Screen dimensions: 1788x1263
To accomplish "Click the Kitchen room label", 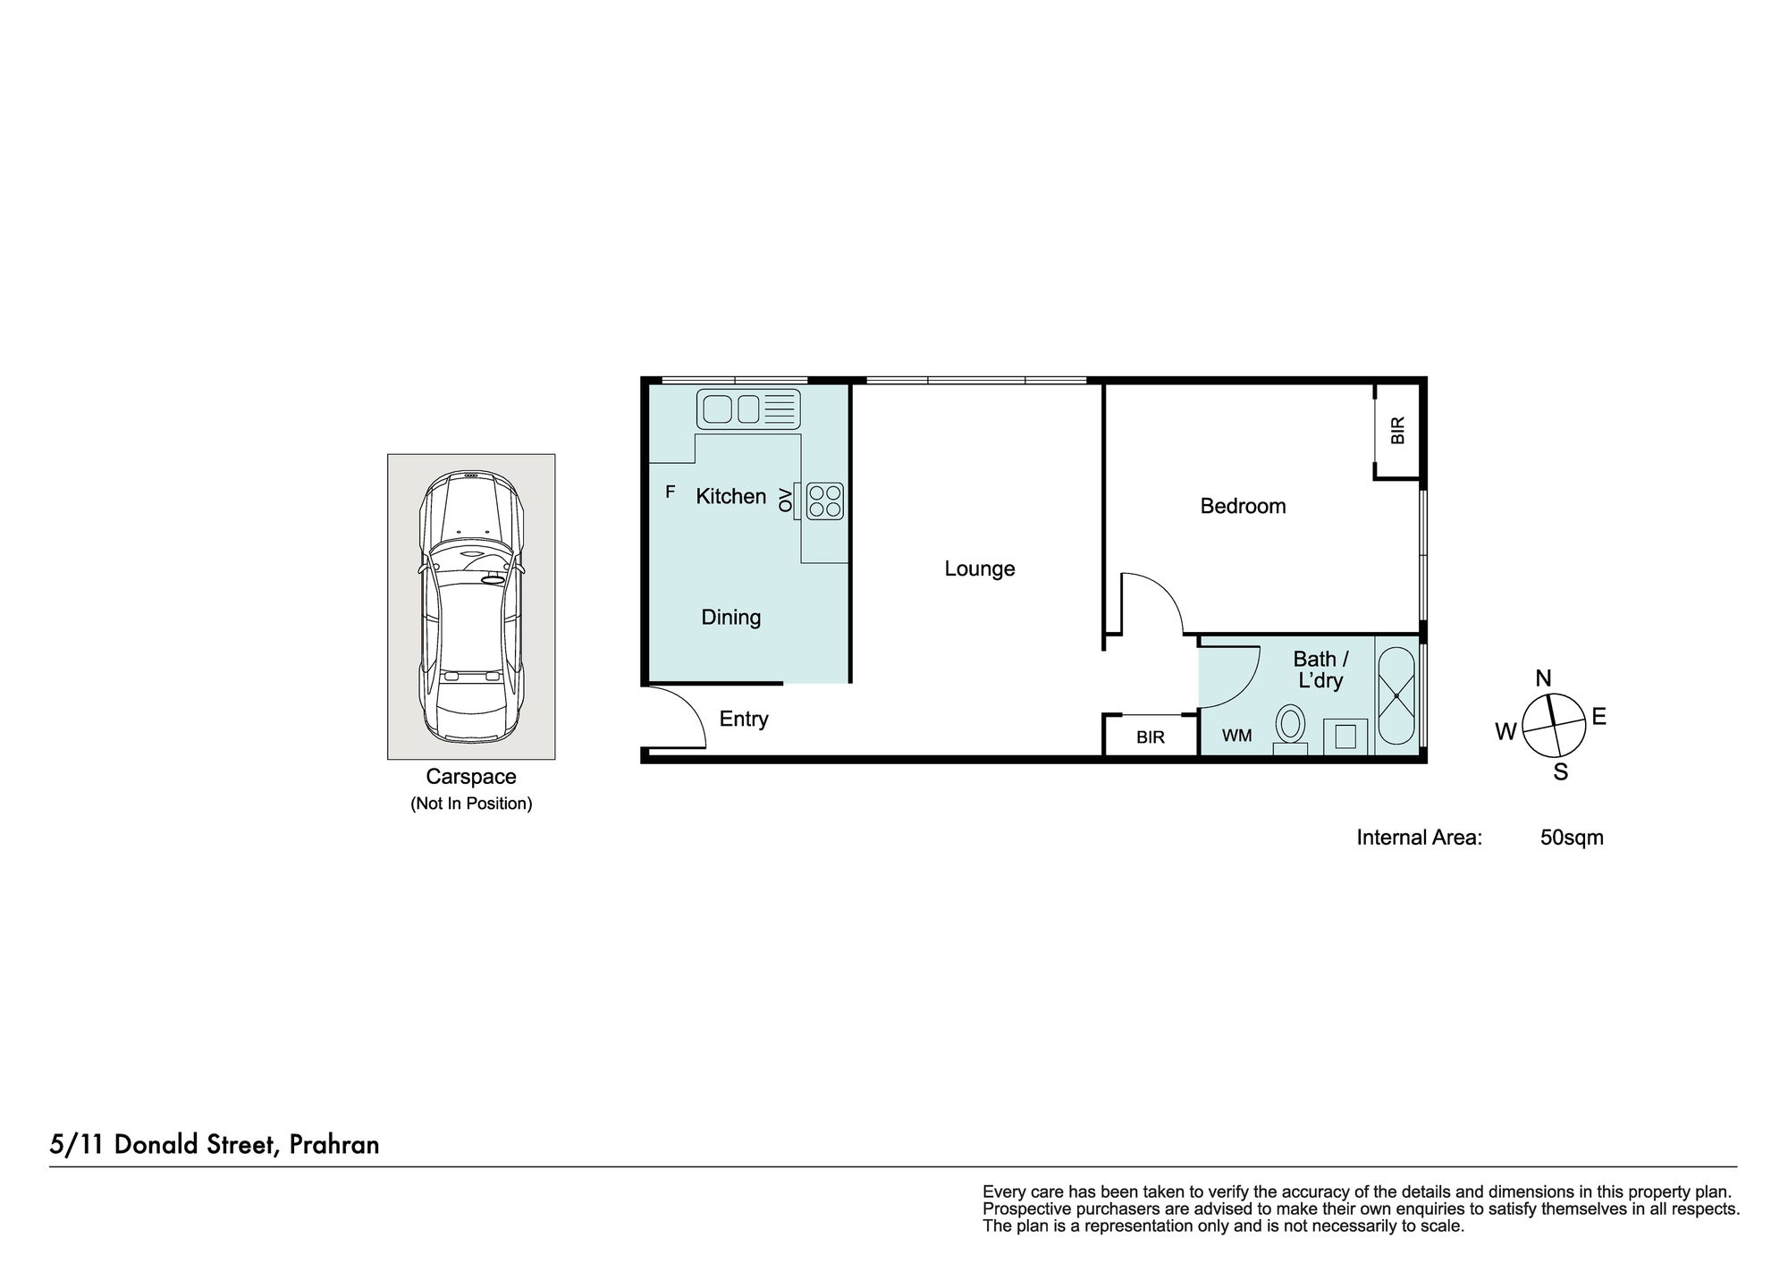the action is click(x=730, y=497).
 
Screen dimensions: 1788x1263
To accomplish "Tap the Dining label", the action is click(x=730, y=618).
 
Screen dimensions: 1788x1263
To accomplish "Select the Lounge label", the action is click(x=980, y=569).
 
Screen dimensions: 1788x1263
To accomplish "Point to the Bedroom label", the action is click(x=1243, y=507).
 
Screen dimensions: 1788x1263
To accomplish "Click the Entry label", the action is click(x=744, y=720).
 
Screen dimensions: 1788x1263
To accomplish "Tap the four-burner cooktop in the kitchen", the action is click(x=824, y=501).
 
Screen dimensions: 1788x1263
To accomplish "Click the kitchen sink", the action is click(x=748, y=409).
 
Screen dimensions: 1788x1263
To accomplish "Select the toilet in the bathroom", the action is click(x=1290, y=729).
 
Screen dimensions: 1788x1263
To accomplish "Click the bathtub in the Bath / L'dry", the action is click(x=1396, y=696).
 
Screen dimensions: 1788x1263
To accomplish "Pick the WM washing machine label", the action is click(x=1236, y=736).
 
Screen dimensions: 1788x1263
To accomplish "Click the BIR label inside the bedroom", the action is click(x=1398, y=430).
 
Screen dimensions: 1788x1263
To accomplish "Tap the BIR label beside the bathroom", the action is click(x=1151, y=738).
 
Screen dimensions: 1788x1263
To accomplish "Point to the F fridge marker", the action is click(x=670, y=492).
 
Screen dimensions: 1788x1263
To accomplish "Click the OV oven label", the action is click(x=785, y=501).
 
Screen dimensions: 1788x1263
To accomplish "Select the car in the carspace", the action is click(x=471, y=607).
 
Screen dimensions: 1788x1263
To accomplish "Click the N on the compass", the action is click(x=1543, y=678).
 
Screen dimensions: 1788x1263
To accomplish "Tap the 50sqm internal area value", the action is click(x=1572, y=838).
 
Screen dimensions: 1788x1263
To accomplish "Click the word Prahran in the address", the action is click(x=334, y=1145).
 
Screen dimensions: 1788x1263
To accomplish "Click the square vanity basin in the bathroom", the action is click(x=1345, y=737).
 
